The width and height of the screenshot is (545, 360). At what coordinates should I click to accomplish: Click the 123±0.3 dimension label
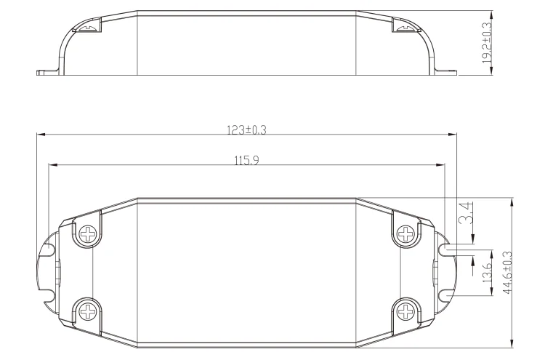pyautogui.click(x=246, y=130)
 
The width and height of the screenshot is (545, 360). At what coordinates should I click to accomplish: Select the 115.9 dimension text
pyautogui.click(x=246, y=161)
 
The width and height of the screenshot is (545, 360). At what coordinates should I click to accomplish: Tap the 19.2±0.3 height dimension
pyautogui.click(x=487, y=43)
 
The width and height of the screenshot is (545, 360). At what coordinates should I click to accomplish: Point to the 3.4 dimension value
pyautogui.click(x=466, y=212)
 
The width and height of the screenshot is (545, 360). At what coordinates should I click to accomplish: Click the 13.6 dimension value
pyautogui.click(x=487, y=273)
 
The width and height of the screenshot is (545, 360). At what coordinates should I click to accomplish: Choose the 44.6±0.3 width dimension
pyautogui.click(x=507, y=272)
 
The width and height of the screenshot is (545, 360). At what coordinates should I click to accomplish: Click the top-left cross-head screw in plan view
pyautogui.click(x=88, y=233)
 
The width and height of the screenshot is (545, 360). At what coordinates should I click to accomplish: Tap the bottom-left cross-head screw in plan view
pyautogui.click(x=88, y=311)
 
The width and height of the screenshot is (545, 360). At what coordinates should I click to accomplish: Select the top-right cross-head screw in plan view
pyautogui.click(x=405, y=233)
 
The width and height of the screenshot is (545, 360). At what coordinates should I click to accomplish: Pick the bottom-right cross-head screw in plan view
pyautogui.click(x=405, y=311)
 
